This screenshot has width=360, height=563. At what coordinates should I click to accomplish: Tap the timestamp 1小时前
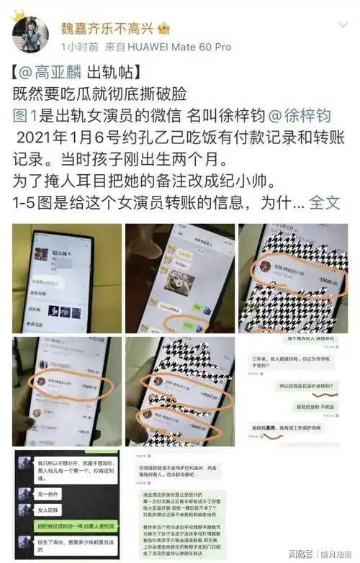[x=78, y=47]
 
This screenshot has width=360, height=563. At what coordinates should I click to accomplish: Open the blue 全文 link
[x=325, y=202]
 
